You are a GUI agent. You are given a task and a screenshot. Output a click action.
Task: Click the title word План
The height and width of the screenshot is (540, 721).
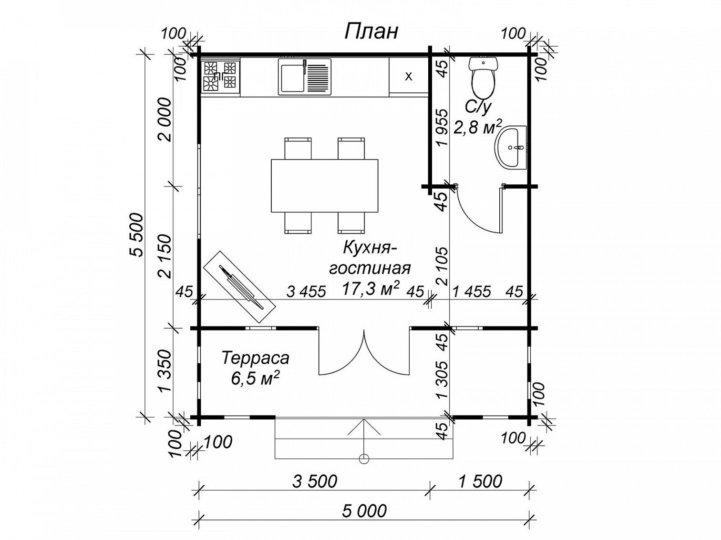click(371, 32)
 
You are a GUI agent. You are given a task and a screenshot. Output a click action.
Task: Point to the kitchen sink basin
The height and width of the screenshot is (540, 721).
click(291, 77)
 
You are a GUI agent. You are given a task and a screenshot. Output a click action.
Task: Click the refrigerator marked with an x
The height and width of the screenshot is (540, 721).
click(409, 77)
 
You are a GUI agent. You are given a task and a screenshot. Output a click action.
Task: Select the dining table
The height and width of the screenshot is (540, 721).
click(324, 186)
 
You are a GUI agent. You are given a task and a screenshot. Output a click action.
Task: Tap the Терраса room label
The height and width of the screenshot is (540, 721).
click(256, 358)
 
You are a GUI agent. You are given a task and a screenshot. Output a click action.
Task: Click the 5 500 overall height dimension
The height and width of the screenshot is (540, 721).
click(137, 235)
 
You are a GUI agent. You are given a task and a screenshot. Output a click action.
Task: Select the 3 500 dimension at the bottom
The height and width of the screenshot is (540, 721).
click(314, 481)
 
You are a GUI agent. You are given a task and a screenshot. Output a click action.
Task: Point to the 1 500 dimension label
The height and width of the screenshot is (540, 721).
click(480, 481)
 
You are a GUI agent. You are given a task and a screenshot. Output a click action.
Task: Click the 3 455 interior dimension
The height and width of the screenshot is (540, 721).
click(306, 291)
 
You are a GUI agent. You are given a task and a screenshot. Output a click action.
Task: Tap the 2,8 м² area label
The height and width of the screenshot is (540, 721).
click(478, 127)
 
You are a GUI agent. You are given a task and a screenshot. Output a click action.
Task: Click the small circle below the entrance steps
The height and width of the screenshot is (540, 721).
click(364, 459)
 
